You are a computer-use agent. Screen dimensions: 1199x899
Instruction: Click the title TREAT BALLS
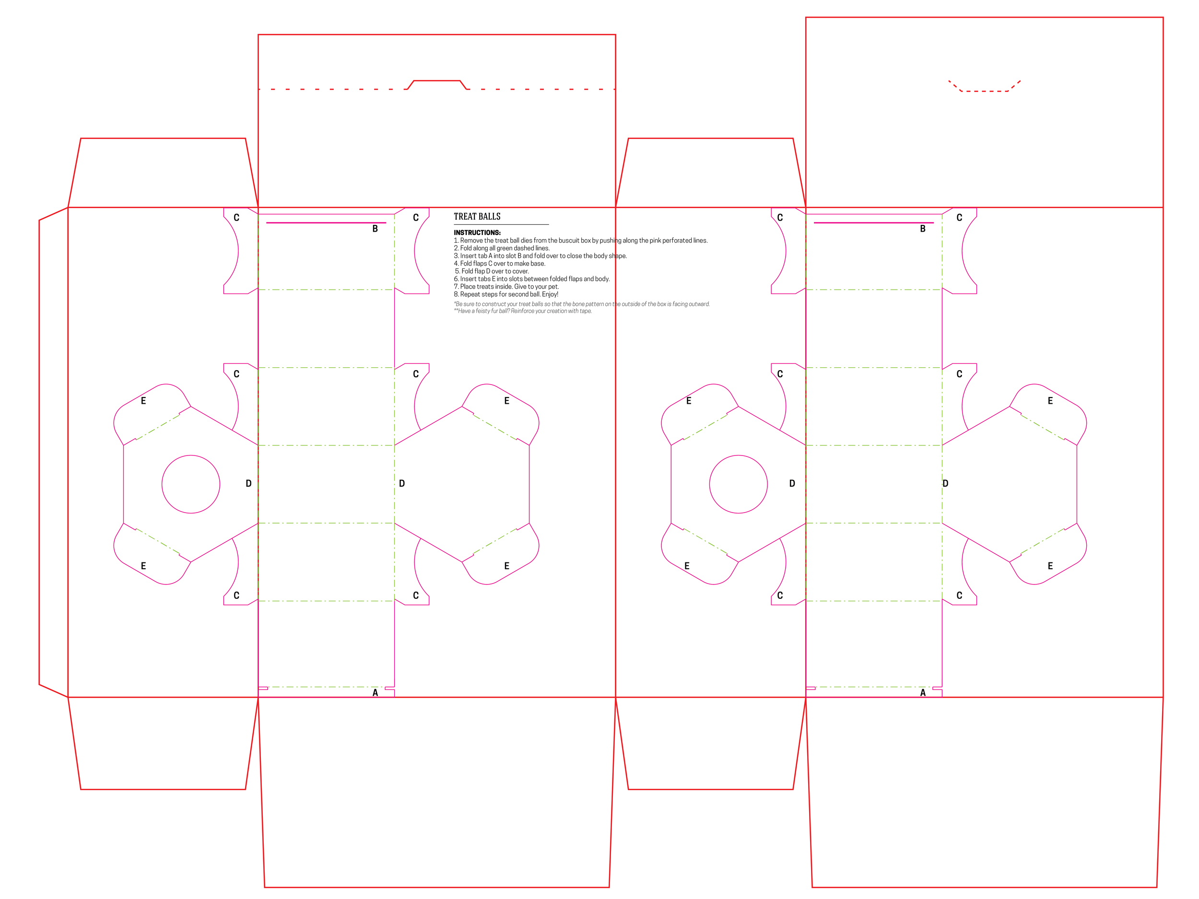point(477,217)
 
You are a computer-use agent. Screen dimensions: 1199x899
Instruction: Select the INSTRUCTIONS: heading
point(477,233)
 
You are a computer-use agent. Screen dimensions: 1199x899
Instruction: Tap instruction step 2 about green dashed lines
point(501,248)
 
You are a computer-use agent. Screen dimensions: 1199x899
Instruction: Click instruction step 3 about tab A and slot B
point(540,256)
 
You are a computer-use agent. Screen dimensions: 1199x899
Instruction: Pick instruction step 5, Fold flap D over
point(492,271)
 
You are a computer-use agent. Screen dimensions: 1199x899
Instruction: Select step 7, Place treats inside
point(506,287)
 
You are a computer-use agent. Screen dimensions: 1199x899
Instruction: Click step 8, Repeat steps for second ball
point(505,294)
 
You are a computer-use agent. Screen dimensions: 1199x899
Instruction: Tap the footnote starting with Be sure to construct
point(582,304)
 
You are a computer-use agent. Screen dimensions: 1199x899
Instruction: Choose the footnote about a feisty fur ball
point(523,311)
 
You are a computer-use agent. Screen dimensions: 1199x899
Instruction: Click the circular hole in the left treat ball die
point(191,484)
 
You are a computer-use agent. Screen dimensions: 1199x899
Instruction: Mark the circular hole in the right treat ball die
point(738,484)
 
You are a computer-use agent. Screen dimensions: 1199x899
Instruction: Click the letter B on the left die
point(375,229)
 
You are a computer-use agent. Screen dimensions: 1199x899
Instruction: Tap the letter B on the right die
point(923,229)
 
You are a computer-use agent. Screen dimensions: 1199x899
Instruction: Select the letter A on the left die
point(375,692)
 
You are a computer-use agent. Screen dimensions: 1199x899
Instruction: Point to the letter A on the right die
point(923,692)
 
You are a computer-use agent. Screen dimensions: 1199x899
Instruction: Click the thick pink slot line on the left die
point(326,223)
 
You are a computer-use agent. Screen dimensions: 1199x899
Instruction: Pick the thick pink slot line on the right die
point(873,223)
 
